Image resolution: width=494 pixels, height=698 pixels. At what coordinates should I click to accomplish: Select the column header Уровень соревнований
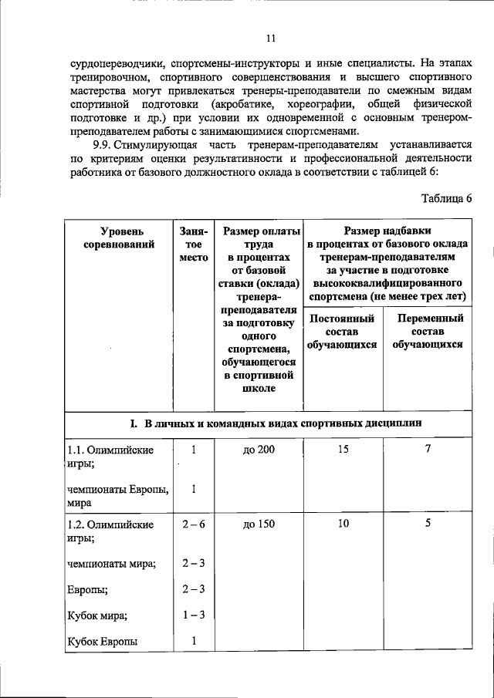pyautogui.click(x=117, y=238)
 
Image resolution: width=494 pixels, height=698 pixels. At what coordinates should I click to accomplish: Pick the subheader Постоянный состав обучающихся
pyautogui.click(x=341, y=331)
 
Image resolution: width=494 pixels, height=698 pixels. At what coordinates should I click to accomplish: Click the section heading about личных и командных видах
pyautogui.click(x=275, y=423)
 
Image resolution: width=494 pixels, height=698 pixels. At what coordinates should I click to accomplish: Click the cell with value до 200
pyautogui.click(x=258, y=450)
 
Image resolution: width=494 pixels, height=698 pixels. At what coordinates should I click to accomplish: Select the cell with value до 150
pyautogui.click(x=258, y=524)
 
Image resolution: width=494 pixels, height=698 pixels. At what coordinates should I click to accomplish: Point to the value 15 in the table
pyautogui.click(x=343, y=449)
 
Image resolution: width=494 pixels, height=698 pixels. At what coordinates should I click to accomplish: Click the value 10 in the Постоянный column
pyautogui.click(x=343, y=524)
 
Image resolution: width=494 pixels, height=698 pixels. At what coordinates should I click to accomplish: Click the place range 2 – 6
pyautogui.click(x=193, y=524)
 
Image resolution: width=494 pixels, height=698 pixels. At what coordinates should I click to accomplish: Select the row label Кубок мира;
pyautogui.click(x=97, y=615)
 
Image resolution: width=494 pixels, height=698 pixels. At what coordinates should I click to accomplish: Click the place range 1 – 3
pyautogui.click(x=193, y=615)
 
